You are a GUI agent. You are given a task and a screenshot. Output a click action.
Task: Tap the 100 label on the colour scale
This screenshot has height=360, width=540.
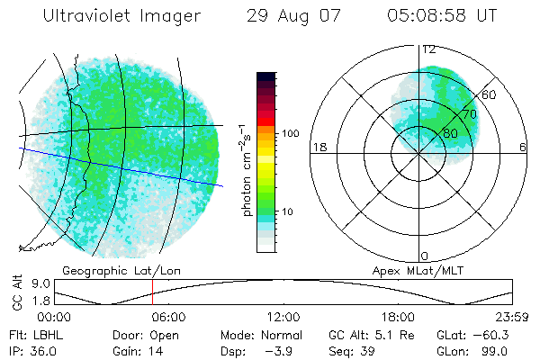[x=290, y=133]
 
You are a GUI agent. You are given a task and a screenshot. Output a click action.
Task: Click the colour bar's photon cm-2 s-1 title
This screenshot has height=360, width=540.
[x=247, y=171]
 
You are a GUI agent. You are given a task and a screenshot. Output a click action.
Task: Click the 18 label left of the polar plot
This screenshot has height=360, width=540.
[x=318, y=148]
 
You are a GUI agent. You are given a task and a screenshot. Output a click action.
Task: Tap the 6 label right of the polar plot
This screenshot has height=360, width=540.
[x=524, y=148]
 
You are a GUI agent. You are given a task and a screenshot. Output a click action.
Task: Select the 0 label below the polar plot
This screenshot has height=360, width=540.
[x=425, y=256]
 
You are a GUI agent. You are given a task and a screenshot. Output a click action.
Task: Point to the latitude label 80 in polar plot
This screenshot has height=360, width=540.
[x=450, y=133]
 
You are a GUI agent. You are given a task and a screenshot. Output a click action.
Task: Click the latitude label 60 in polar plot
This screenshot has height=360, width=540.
[x=490, y=94]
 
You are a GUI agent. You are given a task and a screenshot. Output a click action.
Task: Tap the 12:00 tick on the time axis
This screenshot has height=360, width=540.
[x=283, y=317]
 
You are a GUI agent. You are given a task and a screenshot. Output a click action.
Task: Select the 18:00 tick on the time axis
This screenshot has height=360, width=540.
[x=398, y=317]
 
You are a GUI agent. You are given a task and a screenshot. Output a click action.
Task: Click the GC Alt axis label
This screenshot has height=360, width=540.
[x=17, y=292]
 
